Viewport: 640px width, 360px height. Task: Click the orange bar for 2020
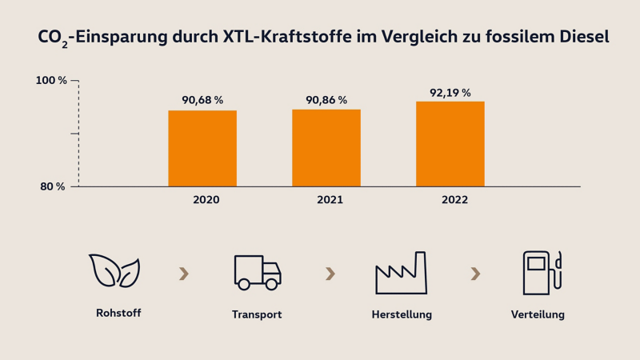click(202, 149)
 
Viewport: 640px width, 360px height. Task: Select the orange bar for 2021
click(326, 148)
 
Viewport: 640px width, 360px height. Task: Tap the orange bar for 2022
click(450, 144)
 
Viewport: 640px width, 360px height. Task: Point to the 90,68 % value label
click(202, 100)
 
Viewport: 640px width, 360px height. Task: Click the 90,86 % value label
click(326, 100)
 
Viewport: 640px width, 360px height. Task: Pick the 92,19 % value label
click(450, 93)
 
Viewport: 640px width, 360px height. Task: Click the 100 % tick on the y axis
click(51, 81)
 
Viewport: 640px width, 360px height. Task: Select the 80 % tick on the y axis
click(53, 186)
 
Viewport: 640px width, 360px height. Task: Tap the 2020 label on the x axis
click(206, 200)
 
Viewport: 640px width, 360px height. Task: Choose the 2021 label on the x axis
click(330, 200)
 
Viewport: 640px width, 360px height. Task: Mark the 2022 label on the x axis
click(454, 200)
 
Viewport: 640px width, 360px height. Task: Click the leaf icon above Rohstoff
click(114, 272)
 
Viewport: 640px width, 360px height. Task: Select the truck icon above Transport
click(257, 273)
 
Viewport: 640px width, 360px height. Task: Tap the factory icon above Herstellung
click(402, 274)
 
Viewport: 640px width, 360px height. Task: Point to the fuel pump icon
click(542, 273)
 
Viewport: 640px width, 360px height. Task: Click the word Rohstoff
click(118, 313)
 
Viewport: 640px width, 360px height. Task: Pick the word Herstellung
click(402, 314)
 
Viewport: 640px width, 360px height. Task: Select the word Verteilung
click(538, 314)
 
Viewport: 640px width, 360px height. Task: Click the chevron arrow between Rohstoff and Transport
click(184, 274)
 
